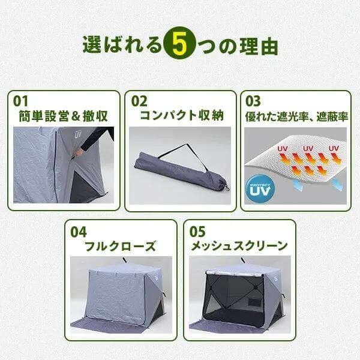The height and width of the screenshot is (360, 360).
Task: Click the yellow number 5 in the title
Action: pos(179,45)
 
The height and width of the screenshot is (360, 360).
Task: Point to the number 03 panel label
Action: pos(253,100)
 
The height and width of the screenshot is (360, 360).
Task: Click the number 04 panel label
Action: pos(79,231)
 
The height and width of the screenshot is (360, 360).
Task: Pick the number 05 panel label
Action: pos(197,231)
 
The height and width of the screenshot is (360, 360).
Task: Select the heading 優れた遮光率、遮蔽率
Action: pos(296,115)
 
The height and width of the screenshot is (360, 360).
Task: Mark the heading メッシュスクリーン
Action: pos(239,246)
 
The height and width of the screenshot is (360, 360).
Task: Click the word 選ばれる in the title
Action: pos(122,46)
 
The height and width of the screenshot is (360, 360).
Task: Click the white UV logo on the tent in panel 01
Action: pos(77,134)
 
